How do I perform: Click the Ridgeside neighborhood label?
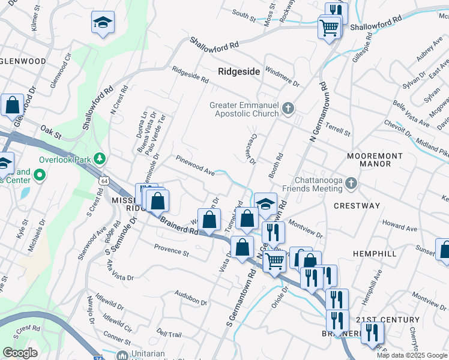click(239, 71)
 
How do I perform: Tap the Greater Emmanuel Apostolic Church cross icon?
click(288, 109)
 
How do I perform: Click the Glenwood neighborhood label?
click(23, 61)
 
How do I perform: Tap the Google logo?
click(20, 352)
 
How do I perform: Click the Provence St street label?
click(171, 250)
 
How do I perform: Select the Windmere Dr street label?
click(282, 76)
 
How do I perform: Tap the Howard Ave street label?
click(399, 229)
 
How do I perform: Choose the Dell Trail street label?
click(169, 332)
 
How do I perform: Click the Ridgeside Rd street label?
click(190, 74)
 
